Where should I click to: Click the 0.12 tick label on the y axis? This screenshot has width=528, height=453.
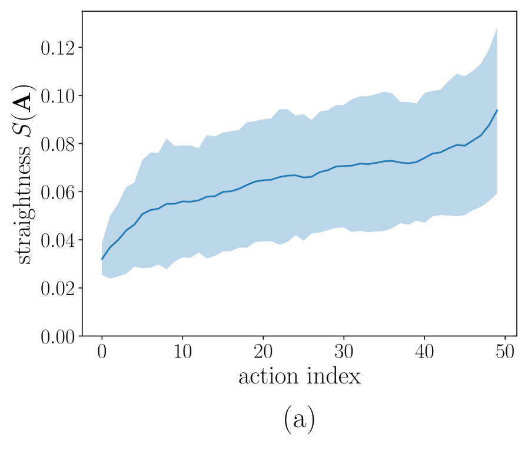57,47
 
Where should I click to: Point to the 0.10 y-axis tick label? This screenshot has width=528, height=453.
57,95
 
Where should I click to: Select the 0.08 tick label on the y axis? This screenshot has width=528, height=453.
57,144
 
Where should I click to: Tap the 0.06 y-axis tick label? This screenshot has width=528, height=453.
57,192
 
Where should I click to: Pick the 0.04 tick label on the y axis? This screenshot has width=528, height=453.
57,240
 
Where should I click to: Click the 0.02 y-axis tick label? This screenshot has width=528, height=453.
57,289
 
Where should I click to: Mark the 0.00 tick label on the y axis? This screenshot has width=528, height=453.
57,336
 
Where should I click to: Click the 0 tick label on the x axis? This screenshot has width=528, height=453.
102,353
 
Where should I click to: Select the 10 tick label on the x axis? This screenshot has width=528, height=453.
183,353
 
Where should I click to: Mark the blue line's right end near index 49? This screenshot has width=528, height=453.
497,110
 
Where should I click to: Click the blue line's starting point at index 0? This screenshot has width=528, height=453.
102,259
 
